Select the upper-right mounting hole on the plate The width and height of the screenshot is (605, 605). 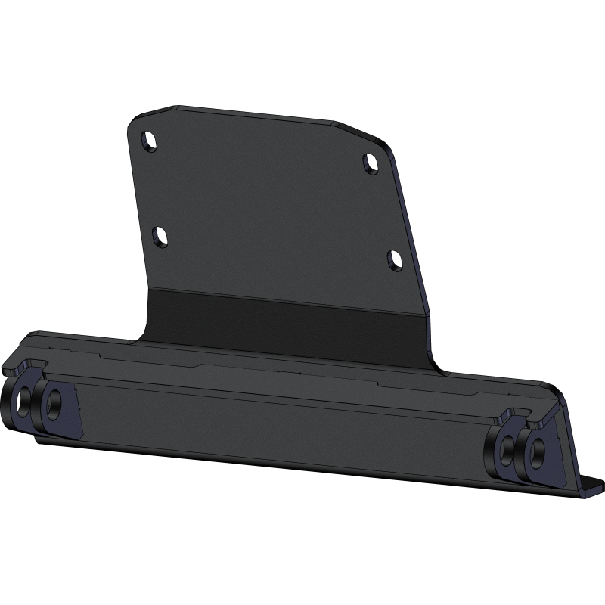[371, 163]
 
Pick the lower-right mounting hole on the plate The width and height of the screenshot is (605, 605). [395, 260]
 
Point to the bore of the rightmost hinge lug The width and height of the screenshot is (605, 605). [536, 451]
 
